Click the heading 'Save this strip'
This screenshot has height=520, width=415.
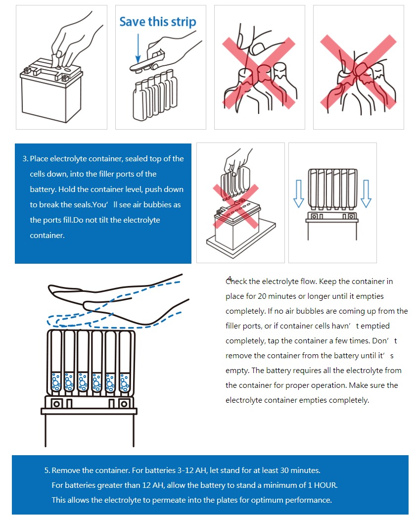[158, 22]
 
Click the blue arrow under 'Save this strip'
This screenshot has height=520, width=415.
[138, 47]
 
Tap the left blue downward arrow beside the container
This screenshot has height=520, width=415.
[298, 194]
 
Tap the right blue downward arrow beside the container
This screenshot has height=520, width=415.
[366, 194]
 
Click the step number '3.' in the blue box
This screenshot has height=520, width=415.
[25, 159]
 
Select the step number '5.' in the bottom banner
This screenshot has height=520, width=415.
[47, 470]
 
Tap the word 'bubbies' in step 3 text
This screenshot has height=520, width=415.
[156, 204]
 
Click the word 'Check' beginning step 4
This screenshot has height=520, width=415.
[236, 282]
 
